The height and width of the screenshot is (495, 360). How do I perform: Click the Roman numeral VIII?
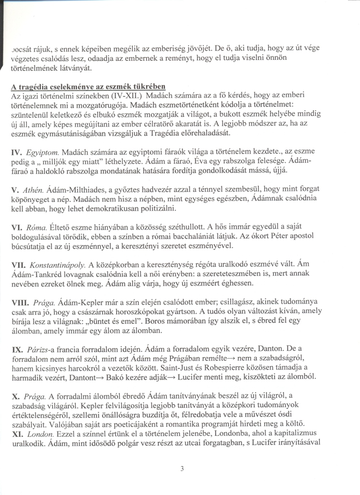[21, 302]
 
